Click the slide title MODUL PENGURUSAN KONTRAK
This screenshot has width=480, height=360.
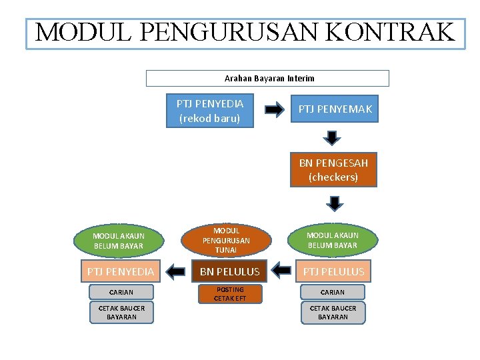[x=245, y=32]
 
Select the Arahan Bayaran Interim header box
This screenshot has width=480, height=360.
[x=267, y=79]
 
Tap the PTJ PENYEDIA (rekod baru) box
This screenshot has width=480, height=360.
[x=211, y=111]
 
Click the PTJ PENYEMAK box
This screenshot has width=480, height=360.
[x=335, y=109]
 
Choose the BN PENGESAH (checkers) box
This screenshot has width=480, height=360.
[x=333, y=170]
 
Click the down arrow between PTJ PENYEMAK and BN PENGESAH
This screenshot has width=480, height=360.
[x=333, y=137]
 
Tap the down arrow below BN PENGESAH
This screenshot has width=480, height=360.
[x=335, y=203]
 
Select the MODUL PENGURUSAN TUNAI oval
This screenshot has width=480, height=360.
[x=226, y=240]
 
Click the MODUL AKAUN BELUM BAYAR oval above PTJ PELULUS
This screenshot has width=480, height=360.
[x=332, y=240]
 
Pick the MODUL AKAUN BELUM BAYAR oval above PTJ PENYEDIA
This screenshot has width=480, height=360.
[x=118, y=241]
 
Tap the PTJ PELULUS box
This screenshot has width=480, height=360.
[x=333, y=271]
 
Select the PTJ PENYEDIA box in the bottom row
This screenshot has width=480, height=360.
[x=120, y=271]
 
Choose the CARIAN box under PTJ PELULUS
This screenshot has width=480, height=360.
[x=333, y=292]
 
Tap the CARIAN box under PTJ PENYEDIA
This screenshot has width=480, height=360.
[x=121, y=292]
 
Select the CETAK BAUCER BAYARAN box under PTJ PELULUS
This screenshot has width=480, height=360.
[x=333, y=312]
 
